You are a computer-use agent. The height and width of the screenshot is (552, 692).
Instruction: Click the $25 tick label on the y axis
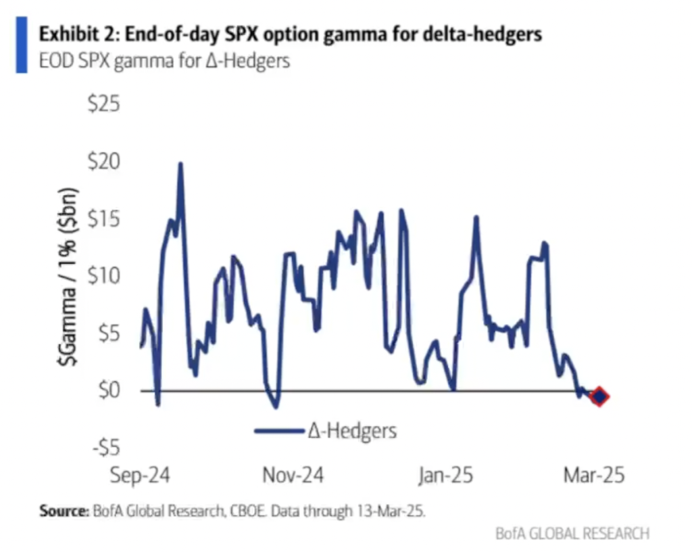click(103, 105)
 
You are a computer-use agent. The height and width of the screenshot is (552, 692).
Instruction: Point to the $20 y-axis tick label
click(103, 162)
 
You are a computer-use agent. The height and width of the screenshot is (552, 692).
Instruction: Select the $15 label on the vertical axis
click(103, 219)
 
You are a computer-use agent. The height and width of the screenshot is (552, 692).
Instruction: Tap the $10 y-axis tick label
click(103, 277)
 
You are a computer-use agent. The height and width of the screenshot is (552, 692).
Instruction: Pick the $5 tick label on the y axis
click(107, 333)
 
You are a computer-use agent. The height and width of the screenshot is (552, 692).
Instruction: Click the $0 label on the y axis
click(107, 391)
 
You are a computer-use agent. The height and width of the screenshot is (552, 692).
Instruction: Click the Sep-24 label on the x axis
click(140, 475)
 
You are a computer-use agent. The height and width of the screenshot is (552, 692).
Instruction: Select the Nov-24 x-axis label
click(293, 475)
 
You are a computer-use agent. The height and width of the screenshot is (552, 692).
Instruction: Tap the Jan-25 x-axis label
click(446, 475)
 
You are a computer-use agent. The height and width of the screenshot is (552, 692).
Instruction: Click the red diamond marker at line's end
click(599, 396)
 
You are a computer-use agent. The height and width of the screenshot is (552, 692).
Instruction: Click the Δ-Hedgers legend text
click(352, 430)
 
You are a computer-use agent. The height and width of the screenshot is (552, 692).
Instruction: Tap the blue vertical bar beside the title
click(22, 45)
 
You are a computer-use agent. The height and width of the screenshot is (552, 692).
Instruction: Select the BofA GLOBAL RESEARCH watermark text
click(572, 533)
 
